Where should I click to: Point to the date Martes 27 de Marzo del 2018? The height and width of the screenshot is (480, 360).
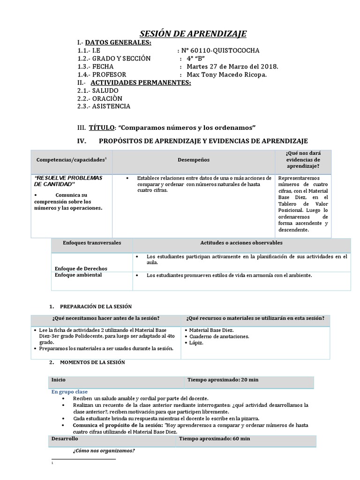pos(232,67)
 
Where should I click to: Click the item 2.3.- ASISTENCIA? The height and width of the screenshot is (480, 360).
pos(104,106)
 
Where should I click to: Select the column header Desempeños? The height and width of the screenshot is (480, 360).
pos(193,160)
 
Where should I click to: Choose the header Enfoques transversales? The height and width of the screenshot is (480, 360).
pos(92,243)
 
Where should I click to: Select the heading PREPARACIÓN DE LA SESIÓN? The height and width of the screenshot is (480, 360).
pos(97,306)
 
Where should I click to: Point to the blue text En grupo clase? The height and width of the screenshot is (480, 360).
pos(69,391)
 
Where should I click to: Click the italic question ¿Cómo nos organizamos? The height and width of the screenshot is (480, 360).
pos(104,451)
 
